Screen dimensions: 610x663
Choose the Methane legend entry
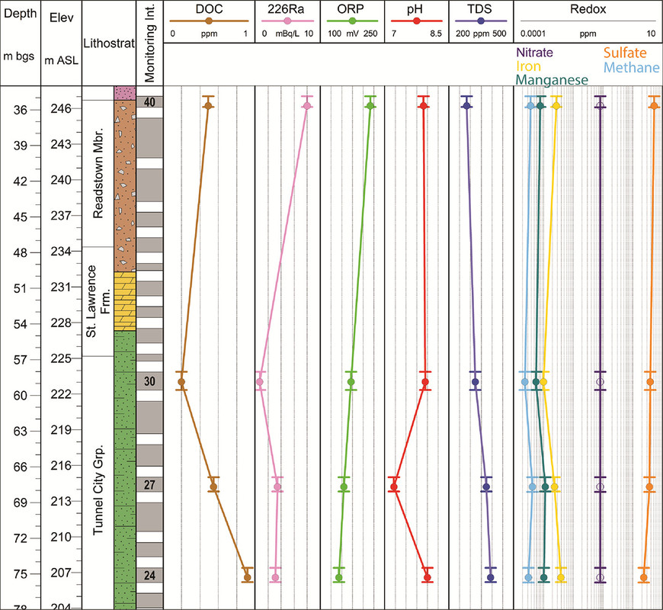tap(632, 68)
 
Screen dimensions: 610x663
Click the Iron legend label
tap(528, 67)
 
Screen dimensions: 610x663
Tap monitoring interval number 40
tap(149, 102)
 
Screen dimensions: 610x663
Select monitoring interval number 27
tap(149, 485)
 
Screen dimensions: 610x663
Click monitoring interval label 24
tap(149, 575)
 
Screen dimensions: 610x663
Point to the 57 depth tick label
tap(21, 360)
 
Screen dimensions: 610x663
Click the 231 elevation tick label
tap(62, 287)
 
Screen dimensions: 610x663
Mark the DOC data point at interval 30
tap(181, 381)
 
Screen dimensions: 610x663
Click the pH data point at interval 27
tap(394, 486)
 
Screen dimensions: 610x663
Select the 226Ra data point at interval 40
tap(306, 106)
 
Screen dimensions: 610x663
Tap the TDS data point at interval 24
tap(490, 577)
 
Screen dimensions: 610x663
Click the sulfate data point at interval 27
tap(649, 486)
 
